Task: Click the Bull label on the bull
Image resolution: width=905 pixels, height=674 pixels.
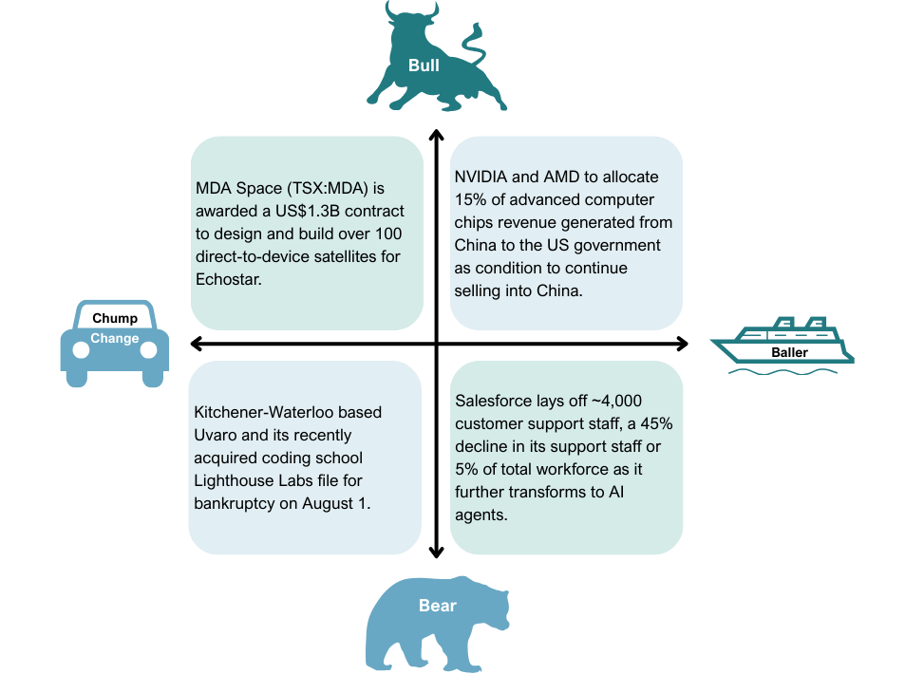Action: pos(424,66)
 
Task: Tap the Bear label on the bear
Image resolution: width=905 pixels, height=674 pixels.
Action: pos(438,606)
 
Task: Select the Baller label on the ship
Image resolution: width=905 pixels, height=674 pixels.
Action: pos(789,352)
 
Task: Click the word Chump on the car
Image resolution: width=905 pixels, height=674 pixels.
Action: pos(115,318)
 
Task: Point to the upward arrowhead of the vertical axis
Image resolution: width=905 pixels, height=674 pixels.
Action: pos(436,135)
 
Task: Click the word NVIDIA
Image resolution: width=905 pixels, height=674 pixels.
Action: pos(481,178)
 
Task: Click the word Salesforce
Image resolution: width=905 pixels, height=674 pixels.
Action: pos(493,401)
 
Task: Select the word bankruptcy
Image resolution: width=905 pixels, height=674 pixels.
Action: pos(234,504)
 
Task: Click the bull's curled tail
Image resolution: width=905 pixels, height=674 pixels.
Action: pos(471,38)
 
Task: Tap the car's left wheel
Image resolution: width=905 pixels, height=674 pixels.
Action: pos(81,349)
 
